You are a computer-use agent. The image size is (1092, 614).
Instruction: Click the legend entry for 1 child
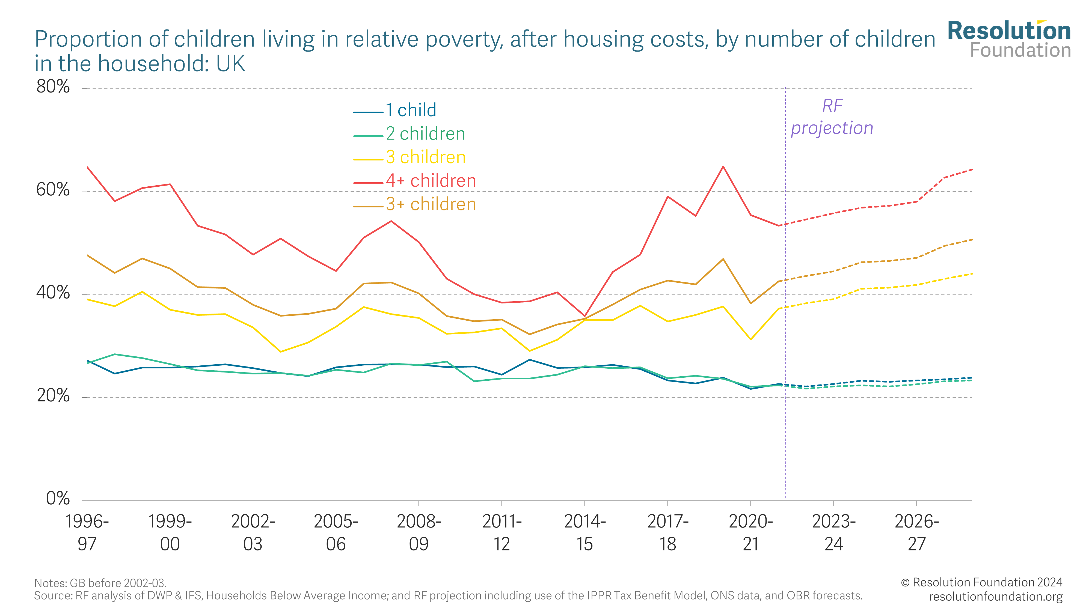point(410,110)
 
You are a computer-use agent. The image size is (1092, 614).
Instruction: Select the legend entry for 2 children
point(425,134)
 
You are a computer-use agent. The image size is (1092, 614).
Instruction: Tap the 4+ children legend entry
point(431,181)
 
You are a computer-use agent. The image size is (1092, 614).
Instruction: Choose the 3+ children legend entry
point(431,204)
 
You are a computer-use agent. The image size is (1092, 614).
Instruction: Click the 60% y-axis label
point(53,190)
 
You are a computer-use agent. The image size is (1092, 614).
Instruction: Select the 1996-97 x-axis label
point(87,533)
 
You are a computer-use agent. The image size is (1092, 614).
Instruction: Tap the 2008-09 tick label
point(419,533)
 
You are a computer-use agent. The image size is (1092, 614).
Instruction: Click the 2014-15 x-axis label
point(584,533)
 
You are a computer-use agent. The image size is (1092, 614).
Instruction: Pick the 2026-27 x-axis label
point(916,533)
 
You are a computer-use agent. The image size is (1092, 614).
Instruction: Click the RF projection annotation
point(832,117)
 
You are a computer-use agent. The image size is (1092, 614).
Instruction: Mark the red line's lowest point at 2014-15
point(584,316)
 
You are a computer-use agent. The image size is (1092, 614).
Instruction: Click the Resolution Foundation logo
point(1009,39)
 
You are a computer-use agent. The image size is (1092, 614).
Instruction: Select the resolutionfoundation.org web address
point(995,597)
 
